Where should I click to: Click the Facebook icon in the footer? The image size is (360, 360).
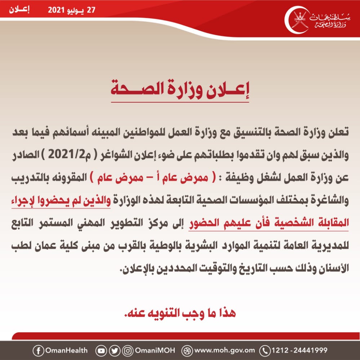37,350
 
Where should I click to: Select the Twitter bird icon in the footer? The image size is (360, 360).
115,350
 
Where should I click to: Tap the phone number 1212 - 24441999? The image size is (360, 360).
299,350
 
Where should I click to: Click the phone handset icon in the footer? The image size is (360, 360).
265,350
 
